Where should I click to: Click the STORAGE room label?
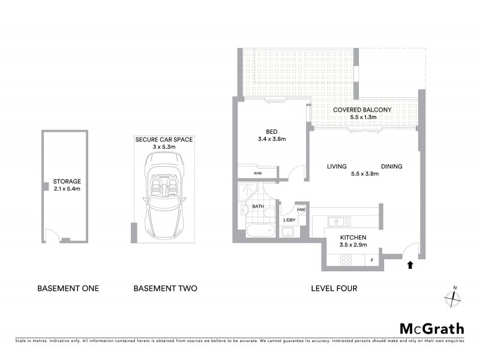pyautogui.click(x=67, y=181)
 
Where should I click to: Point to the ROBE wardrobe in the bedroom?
pyautogui.click(x=257, y=173)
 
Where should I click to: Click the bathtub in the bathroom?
pyautogui.click(x=258, y=232)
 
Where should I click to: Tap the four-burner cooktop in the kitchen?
pyautogui.click(x=347, y=260)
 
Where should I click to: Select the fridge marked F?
pyautogui.click(x=372, y=260)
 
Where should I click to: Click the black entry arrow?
pyautogui.click(x=410, y=263)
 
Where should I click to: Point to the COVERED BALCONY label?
pyautogui.click(x=363, y=110)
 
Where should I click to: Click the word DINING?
pyautogui.click(x=391, y=167)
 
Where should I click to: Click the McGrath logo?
pyautogui.click(x=431, y=328)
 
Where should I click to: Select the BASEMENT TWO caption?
pyautogui.click(x=165, y=289)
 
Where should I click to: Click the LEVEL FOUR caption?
pyautogui.click(x=334, y=289)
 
